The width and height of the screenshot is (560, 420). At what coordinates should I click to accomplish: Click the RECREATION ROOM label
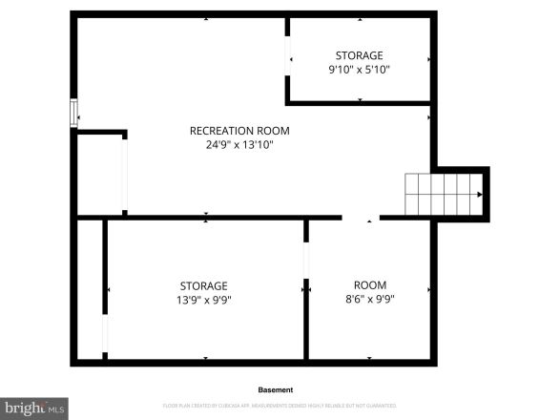pyautogui.click(x=239, y=131)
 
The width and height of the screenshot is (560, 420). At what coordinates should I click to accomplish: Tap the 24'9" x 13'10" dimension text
pyautogui.click(x=239, y=145)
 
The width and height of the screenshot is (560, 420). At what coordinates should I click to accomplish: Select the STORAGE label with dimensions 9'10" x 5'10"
pyautogui.click(x=359, y=55)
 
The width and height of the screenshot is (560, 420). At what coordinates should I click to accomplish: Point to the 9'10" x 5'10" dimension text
pyautogui.click(x=359, y=70)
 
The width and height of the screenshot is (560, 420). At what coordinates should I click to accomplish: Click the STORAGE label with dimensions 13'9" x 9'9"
pyautogui.click(x=204, y=285)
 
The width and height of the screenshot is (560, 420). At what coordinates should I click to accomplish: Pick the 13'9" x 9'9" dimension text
pyautogui.click(x=204, y=300)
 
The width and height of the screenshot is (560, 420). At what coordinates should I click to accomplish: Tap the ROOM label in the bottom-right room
pyautogui.click(x=370, y=285)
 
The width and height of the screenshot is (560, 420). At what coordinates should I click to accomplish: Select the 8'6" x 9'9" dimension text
pyautogui.click(x=370, y=300)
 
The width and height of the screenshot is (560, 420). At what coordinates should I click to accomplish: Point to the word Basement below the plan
pyautogui.click(x=276, y=389)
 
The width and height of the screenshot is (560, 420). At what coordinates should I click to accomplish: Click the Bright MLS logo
pyautogui.click(x=33, y=409)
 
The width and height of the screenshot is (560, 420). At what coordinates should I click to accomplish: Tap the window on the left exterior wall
pyautogui.click(x=73, y=113)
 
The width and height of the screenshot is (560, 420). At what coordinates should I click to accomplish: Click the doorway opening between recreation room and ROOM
pyautogui.click(x=361, y=218)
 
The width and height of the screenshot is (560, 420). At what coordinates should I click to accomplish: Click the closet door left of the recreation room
pyautogui.click(x=125, y=175)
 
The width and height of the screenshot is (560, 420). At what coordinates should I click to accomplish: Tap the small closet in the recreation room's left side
pyautogui.click(x=99, y=175)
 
